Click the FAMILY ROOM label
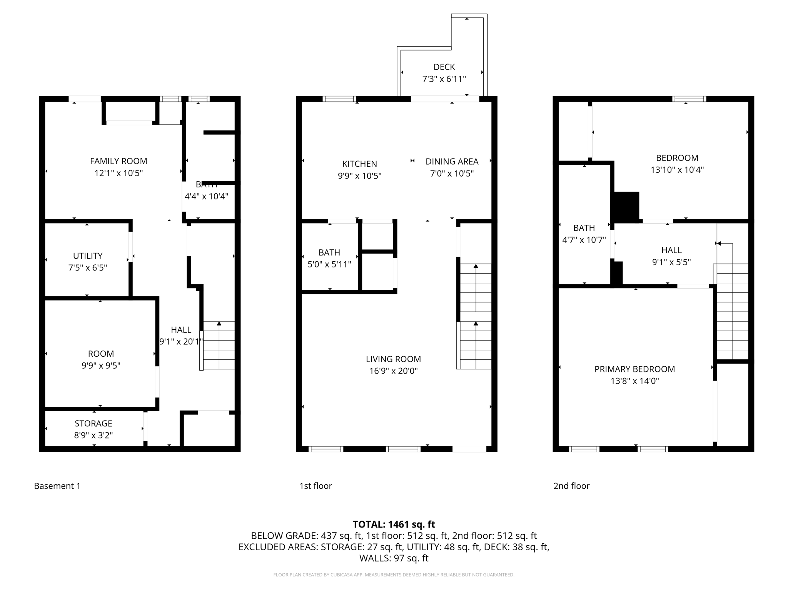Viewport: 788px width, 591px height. click(119, 161)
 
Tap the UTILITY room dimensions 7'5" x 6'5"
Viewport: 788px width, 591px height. click(88, 268)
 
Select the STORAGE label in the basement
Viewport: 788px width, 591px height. click(93, 424)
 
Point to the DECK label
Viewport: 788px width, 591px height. click(444, 67)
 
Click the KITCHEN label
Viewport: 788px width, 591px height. click(359, 164)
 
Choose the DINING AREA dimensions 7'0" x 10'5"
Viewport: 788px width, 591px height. click(452, 174)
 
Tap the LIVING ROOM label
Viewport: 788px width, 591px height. click(393, 359)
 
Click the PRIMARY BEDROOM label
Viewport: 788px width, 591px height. click(634, 369)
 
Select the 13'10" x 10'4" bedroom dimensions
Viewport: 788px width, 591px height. click(677, 170)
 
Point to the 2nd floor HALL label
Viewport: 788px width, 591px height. click(671, 250)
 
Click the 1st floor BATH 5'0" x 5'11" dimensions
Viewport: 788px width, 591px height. click(329, 264)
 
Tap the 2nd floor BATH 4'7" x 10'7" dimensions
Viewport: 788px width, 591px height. click(584, 240)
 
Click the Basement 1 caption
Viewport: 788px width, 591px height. click(57, 486)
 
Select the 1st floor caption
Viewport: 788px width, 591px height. click(316, 486)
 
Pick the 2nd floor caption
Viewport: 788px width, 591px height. click(571, 486)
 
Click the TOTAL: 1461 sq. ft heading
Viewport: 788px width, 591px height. click(394, 524)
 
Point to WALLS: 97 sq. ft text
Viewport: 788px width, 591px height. click(394, 558)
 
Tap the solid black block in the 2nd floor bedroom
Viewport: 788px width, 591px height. click(626, 207)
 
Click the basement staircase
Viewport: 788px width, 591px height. click(219, 345)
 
